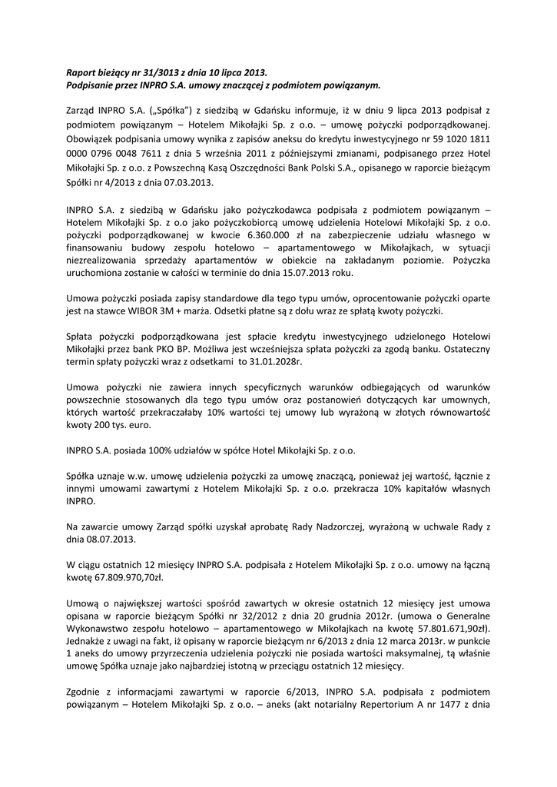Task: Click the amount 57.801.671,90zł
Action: click(446, 627)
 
